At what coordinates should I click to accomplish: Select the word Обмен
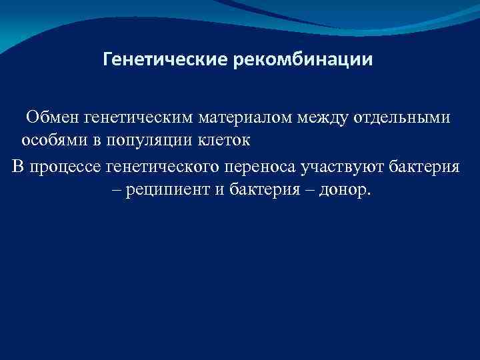pyautogui.click(x=55, y=118)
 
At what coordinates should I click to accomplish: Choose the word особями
pyautogui.click(x=50, y=141)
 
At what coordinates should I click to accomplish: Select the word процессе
pyautogui.click(x=64, y=165)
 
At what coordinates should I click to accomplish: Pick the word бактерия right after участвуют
pyautogui.click(x=423, y=165)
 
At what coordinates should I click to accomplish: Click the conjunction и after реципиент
pyautogui.click(x=219, y=190)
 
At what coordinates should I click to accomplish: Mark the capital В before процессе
pyautogui.click(x=18, y=165)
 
